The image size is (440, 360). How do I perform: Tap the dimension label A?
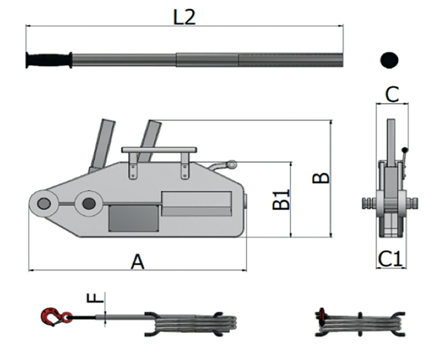pos(137,261)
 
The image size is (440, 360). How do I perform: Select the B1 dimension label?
pos(282,199)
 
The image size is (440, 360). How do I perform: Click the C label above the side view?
pos(392,95)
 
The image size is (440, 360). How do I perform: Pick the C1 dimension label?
pos(391,258)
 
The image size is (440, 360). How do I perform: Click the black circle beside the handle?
pos(389,59)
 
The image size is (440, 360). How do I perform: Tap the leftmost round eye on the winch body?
pos(43,204)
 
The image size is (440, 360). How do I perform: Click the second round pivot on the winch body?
pos(88,204)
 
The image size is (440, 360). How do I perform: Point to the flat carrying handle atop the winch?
pos(159,150)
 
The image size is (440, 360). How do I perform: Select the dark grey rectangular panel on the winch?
pos(134,218)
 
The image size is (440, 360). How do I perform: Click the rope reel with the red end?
pos(360,324)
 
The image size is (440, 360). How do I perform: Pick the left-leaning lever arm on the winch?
pos(101,144)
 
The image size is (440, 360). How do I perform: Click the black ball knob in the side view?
pos(405,150)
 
